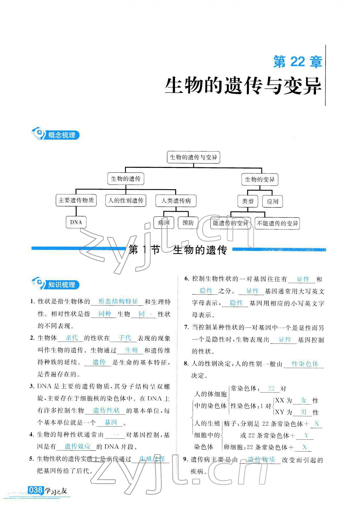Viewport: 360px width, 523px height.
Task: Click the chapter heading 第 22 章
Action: (297, 62)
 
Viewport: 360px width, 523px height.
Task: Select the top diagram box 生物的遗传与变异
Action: (193, 157)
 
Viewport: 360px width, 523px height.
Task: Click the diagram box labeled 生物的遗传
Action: (126, 179)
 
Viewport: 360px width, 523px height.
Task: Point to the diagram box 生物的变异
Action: (259, 179)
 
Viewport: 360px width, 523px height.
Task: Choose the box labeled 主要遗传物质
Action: (76, 200)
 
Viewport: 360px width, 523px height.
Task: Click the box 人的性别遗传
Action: (126, 200)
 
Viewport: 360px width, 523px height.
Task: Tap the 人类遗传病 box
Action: (176, 201)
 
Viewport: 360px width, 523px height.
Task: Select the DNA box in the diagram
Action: (76, 222)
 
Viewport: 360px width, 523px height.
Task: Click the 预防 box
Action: (188, 223)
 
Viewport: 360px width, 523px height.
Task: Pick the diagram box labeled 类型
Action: (248, 201)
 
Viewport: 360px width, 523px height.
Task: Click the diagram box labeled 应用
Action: (272, 201)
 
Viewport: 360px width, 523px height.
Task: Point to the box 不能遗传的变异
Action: (277, 223)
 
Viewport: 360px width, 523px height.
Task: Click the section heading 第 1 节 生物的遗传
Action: (178, 250)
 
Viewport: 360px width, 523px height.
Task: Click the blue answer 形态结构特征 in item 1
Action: (118, 301)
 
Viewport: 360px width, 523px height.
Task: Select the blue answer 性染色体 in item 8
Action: (304, 363)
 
